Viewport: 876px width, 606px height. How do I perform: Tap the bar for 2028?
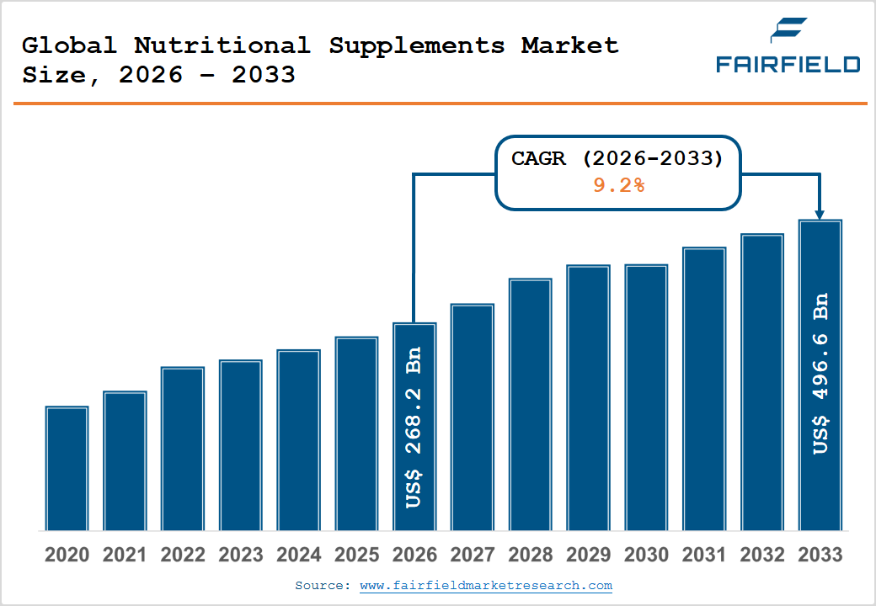pos(531,404)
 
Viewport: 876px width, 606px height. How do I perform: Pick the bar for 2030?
pos(646,397)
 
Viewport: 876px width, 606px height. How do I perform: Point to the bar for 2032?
pos(762,382)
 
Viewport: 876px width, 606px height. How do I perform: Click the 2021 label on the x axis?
pos(125,555)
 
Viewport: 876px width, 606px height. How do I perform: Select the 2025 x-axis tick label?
pos(356,555)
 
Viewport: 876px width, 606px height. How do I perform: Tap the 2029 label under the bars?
pos(588,555)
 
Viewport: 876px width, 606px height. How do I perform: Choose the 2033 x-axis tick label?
pos(820,555)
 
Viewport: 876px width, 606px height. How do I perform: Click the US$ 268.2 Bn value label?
pos(414,428)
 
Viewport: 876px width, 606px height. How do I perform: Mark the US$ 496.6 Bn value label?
pos(820,374)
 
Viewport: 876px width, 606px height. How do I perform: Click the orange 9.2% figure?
pos(618,185)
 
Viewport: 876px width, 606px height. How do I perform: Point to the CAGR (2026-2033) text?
pos(617,158)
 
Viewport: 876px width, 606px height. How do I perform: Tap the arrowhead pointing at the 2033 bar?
pos(820,215)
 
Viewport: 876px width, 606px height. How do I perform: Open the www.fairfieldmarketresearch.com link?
pos(486,585)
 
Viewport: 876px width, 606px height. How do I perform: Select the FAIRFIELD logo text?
pos(788,64)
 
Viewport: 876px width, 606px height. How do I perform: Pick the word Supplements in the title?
pos(416,45)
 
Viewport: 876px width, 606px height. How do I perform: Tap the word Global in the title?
pos(69,45)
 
